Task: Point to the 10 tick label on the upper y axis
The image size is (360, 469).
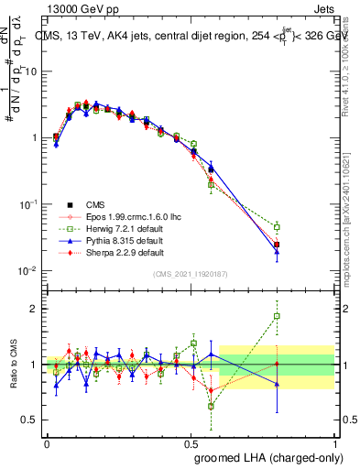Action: [x=31, y=71]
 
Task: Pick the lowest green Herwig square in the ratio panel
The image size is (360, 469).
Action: [x=212, y=406]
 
